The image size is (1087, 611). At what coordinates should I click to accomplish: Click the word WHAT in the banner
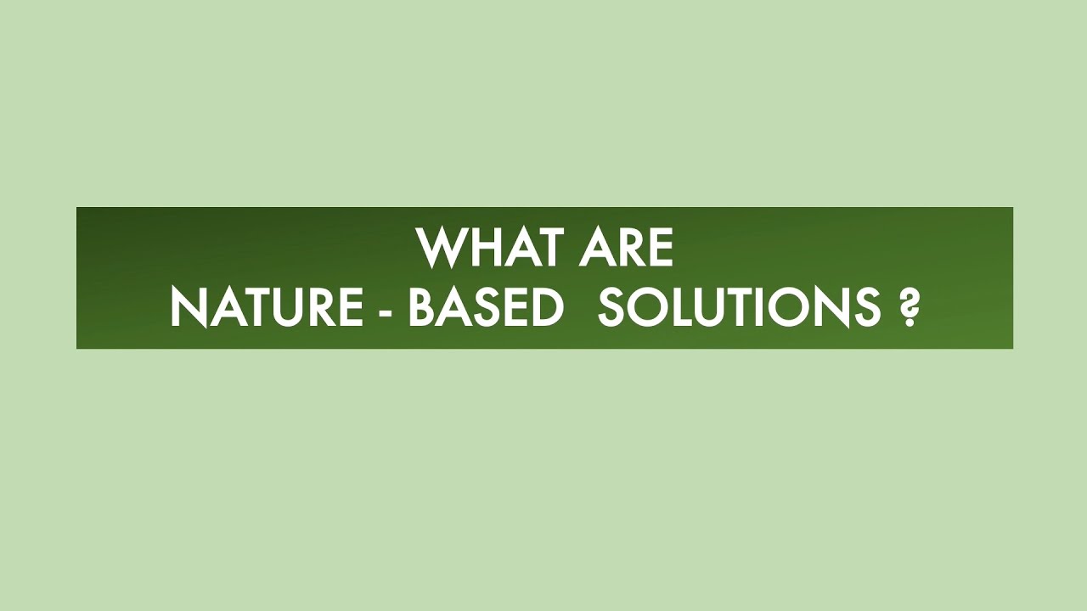[x=489, y=248]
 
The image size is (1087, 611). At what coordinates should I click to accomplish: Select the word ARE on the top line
[x=627, y=248]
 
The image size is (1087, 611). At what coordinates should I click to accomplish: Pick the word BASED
[x=486, y=306]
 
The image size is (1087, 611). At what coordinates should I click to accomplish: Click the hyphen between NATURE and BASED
[x=386, y=310]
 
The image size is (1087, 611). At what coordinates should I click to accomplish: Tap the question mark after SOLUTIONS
[x=908, y=307]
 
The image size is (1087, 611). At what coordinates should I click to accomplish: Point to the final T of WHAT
[x=549, y=248]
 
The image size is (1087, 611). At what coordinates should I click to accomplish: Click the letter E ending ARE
[x=661, y=248]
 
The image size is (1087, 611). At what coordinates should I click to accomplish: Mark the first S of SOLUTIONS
[x=611, y=306]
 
